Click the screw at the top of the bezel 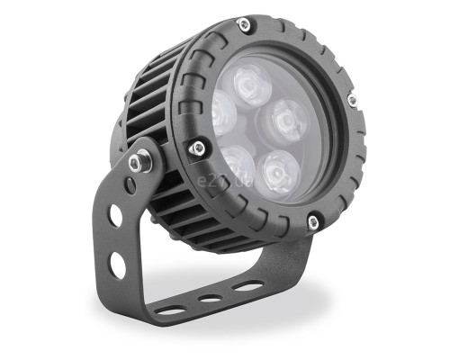pyautogui.click(x=245, y=24)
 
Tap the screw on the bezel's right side pyautogui.click(x=353, y=100)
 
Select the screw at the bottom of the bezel pyautogui.click(x=313, y=222)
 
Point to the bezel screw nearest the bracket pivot pyautogui.click(x=198, y=148)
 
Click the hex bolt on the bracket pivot pyautogui.click(x=138, y=163)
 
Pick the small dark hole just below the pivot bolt pyautogui.click(x=130, y=185)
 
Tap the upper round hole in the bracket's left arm pyautogui.click(x=116, y=215)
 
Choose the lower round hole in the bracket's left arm pyautogui.click(x=118, y=265)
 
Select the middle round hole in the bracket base pyautogui.click(x=211, y=297)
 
